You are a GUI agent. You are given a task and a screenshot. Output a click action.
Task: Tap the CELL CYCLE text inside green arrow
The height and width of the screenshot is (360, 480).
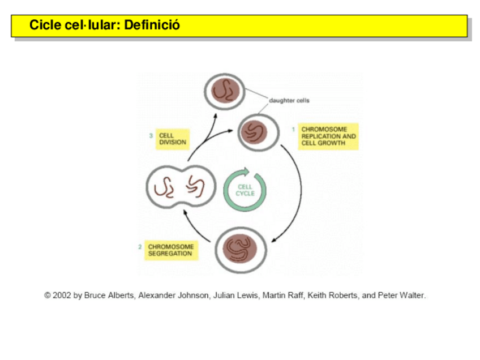(245, 190)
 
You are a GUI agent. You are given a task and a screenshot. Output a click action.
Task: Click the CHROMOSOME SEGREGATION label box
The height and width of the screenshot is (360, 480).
(170, 250)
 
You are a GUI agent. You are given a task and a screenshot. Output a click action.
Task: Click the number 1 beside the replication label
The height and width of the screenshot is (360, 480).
(293, 130)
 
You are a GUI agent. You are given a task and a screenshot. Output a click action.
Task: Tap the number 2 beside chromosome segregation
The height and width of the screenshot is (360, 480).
(140, 247)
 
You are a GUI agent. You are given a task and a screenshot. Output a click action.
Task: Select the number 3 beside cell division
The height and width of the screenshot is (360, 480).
(151, 136)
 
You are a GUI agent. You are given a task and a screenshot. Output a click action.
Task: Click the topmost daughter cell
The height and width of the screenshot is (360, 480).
(225, 91)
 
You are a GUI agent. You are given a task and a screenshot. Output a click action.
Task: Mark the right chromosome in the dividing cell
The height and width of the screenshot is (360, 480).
(196, 186)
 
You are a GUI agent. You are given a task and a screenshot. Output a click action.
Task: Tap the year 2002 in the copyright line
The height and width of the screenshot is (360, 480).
(62, 295)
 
